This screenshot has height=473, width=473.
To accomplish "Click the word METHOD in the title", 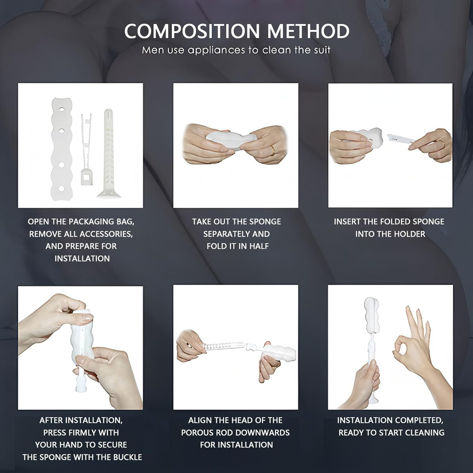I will pos(308,31).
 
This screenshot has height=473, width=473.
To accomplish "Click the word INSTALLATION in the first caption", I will pos(82,259).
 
